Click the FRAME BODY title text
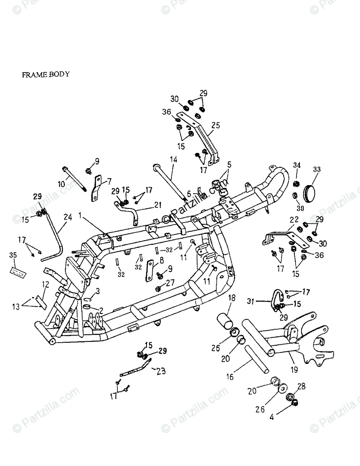coord(46,74)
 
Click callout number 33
coord(317,169)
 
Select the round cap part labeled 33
coord(311,193)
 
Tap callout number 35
coord(13,255)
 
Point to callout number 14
coord(174,160)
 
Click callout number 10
coord(61,184)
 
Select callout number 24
coord(68,217)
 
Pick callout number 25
coord(216,125)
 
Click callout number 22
coord(294,219)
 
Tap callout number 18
coord(232,297)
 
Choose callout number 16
coord(230,377)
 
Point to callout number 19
coord(294,370)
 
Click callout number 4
coord(272,417)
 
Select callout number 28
coord(302,386)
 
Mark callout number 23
coord(161,371)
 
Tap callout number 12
coord(45,285)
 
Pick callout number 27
coord(170,282)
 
